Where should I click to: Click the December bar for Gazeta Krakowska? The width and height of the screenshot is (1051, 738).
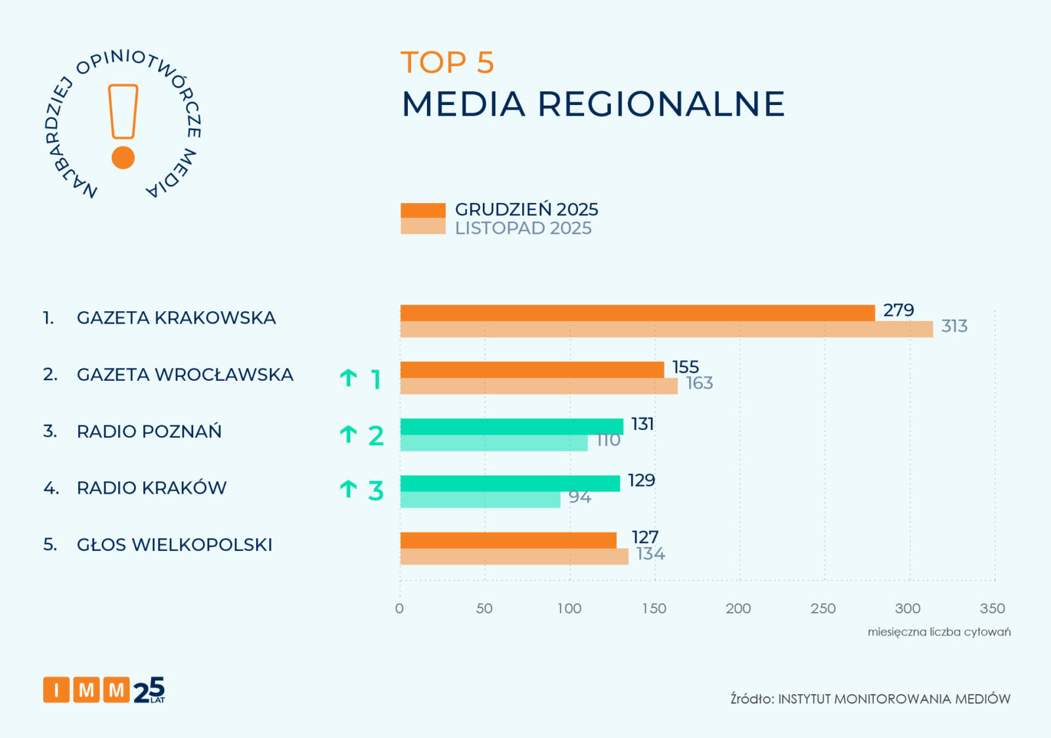[637, 313]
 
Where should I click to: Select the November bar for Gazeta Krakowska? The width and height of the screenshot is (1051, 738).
[666, 330]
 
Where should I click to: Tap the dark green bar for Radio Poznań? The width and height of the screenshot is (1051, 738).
[512, 427]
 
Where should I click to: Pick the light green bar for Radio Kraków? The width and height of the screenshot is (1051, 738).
[480, 500]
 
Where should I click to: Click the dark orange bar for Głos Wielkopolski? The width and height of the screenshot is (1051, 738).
[508, 540]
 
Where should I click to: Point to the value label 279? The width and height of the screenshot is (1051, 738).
[898, 310]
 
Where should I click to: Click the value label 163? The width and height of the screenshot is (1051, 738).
[699, 383]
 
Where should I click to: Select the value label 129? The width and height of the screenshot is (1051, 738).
[641, 481]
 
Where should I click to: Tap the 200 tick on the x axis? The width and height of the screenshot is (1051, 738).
[738, 609]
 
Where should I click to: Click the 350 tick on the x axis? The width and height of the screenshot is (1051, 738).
[992, 609]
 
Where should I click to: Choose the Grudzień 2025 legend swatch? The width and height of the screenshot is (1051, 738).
[423, 210]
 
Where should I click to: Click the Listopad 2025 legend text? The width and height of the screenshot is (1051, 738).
[523, 228]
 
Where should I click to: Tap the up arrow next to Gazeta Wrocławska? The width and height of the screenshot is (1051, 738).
[348, 378]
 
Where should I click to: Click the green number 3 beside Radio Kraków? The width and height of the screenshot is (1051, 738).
[376, 490]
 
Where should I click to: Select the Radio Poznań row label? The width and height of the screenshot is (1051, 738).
[149, 431]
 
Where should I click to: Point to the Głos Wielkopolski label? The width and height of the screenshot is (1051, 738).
[174, 545]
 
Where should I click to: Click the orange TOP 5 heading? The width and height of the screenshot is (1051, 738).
[447, 63]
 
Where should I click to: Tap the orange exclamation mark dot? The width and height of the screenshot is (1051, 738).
[123, 158]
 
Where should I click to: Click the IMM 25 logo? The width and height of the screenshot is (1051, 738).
[104, 690]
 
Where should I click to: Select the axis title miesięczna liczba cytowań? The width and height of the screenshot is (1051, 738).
[939, 632]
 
